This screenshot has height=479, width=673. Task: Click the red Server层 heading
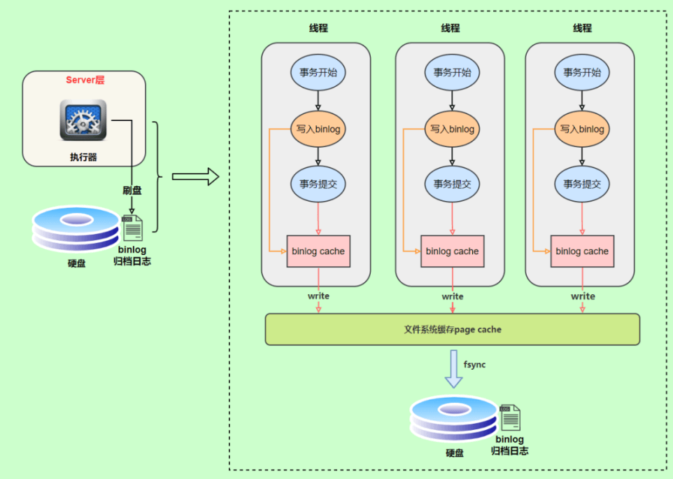[x=85, y=80]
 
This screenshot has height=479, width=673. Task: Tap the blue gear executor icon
[x=83, y=120]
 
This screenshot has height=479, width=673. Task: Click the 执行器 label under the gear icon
[x=83, y=157]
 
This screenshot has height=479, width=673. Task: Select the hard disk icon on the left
[x=76, y=228]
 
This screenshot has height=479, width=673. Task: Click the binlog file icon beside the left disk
[x=132, y=228]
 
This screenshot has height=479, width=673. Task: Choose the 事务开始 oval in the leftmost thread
[x=318, y=72]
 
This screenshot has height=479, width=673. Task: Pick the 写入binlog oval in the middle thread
[x=452, y=130]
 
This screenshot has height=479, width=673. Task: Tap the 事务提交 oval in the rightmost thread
[x=582, y=184]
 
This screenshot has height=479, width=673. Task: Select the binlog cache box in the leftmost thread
[x=318, y=251]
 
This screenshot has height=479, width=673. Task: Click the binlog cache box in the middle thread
[x=452, y=251]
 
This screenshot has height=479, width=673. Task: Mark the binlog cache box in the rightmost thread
[x=582, y=251]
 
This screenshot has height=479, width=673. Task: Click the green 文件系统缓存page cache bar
[x=452, y=329]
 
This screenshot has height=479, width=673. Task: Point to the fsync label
[x=474, y=365]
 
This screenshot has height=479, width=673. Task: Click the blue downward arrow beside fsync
[x=454, y=369]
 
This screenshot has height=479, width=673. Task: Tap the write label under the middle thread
[x=452, y=296]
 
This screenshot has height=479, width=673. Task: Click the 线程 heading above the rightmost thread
[x=582, y=28]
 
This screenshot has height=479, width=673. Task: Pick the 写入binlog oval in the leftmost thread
[x=318, y=130]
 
